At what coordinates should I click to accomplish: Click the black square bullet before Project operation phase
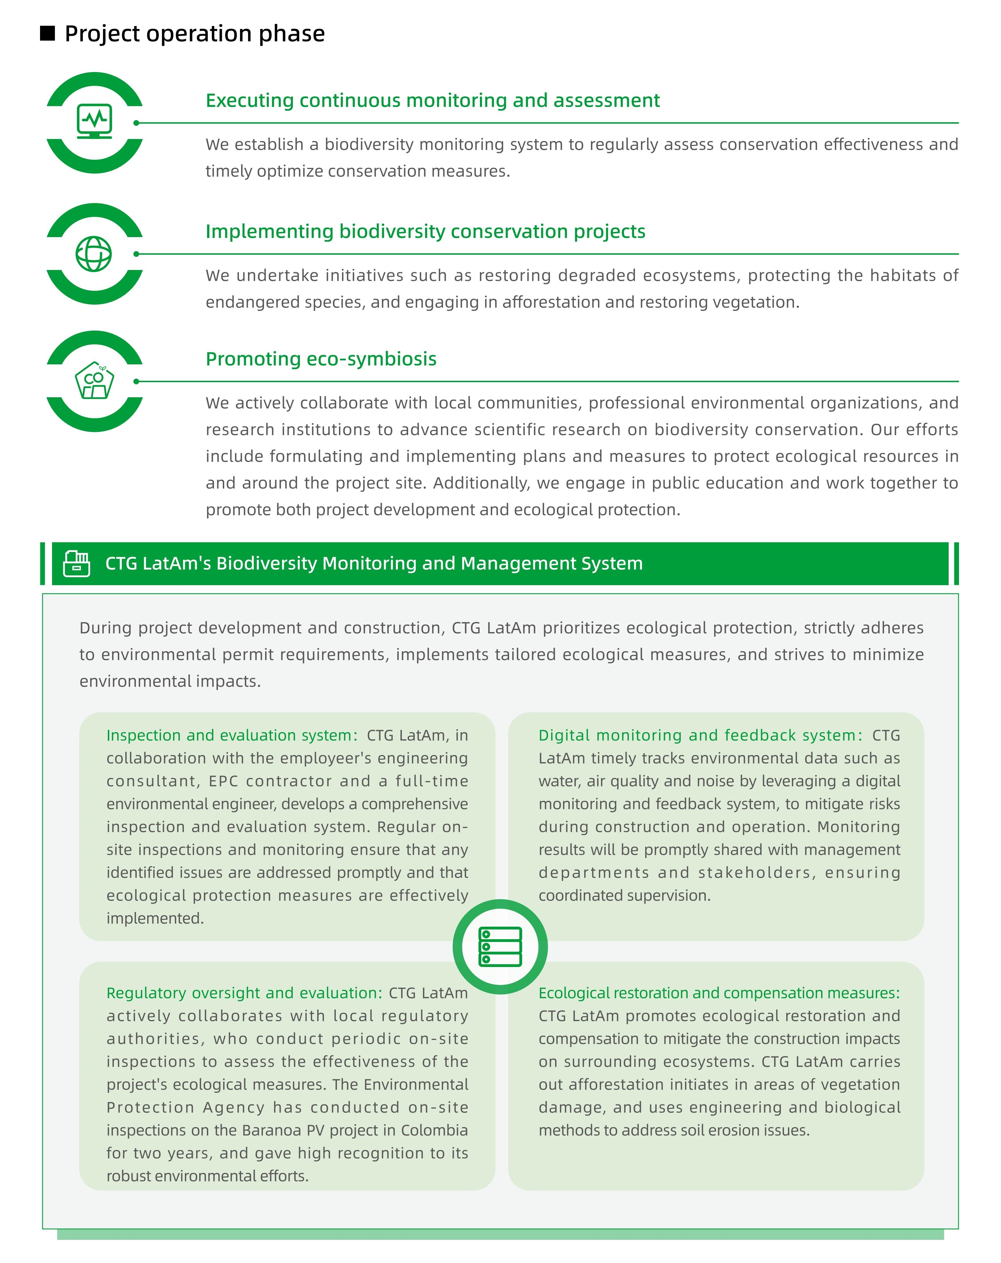[47, 33]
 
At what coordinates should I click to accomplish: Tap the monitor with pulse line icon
[94, 121]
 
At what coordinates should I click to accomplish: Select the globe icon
[94, 254]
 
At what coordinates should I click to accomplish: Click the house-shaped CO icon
[94, 381]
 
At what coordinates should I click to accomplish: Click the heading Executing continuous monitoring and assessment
[432, 100]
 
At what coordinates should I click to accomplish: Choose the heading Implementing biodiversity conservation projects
[425, 231]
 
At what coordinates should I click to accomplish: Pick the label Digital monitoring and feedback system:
[700, 735]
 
